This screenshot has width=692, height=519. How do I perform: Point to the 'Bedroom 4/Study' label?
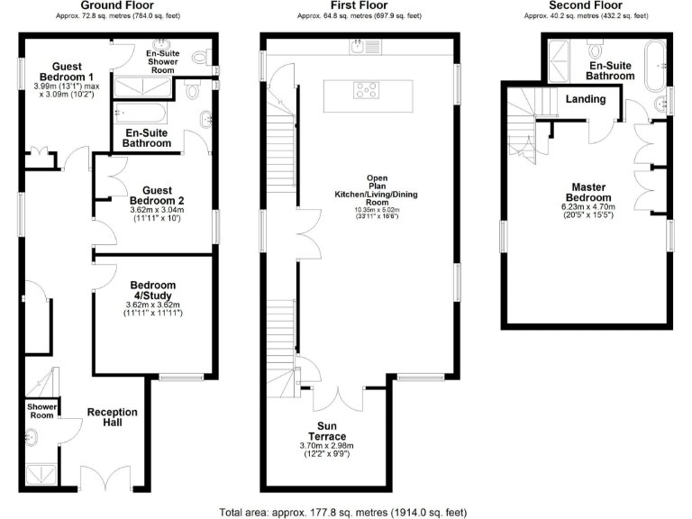(152, 290)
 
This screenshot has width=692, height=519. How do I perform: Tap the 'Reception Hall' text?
(112, 418)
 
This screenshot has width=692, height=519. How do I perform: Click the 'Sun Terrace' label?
(330, 431)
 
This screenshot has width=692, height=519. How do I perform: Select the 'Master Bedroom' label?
(587, 193)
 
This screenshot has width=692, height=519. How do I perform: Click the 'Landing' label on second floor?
(586, 99)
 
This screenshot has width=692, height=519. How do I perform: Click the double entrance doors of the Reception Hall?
(99, 479)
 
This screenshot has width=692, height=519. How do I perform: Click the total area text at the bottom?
(343, 512)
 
